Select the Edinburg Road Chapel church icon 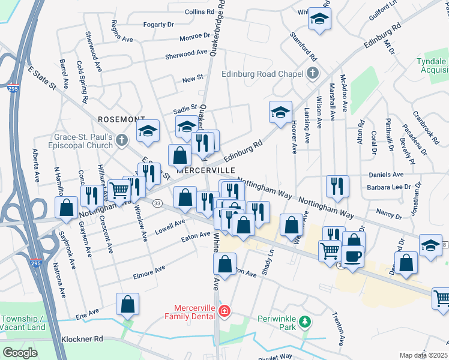tap(312, 74)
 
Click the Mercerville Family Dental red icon tap(224, 311)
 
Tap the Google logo tap(20, 353)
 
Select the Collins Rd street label tap(200, 11)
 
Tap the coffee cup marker tap(352, 256)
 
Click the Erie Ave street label tap(87, 313)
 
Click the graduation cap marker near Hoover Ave tap(280, 112)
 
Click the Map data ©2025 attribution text tap(424, 355)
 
